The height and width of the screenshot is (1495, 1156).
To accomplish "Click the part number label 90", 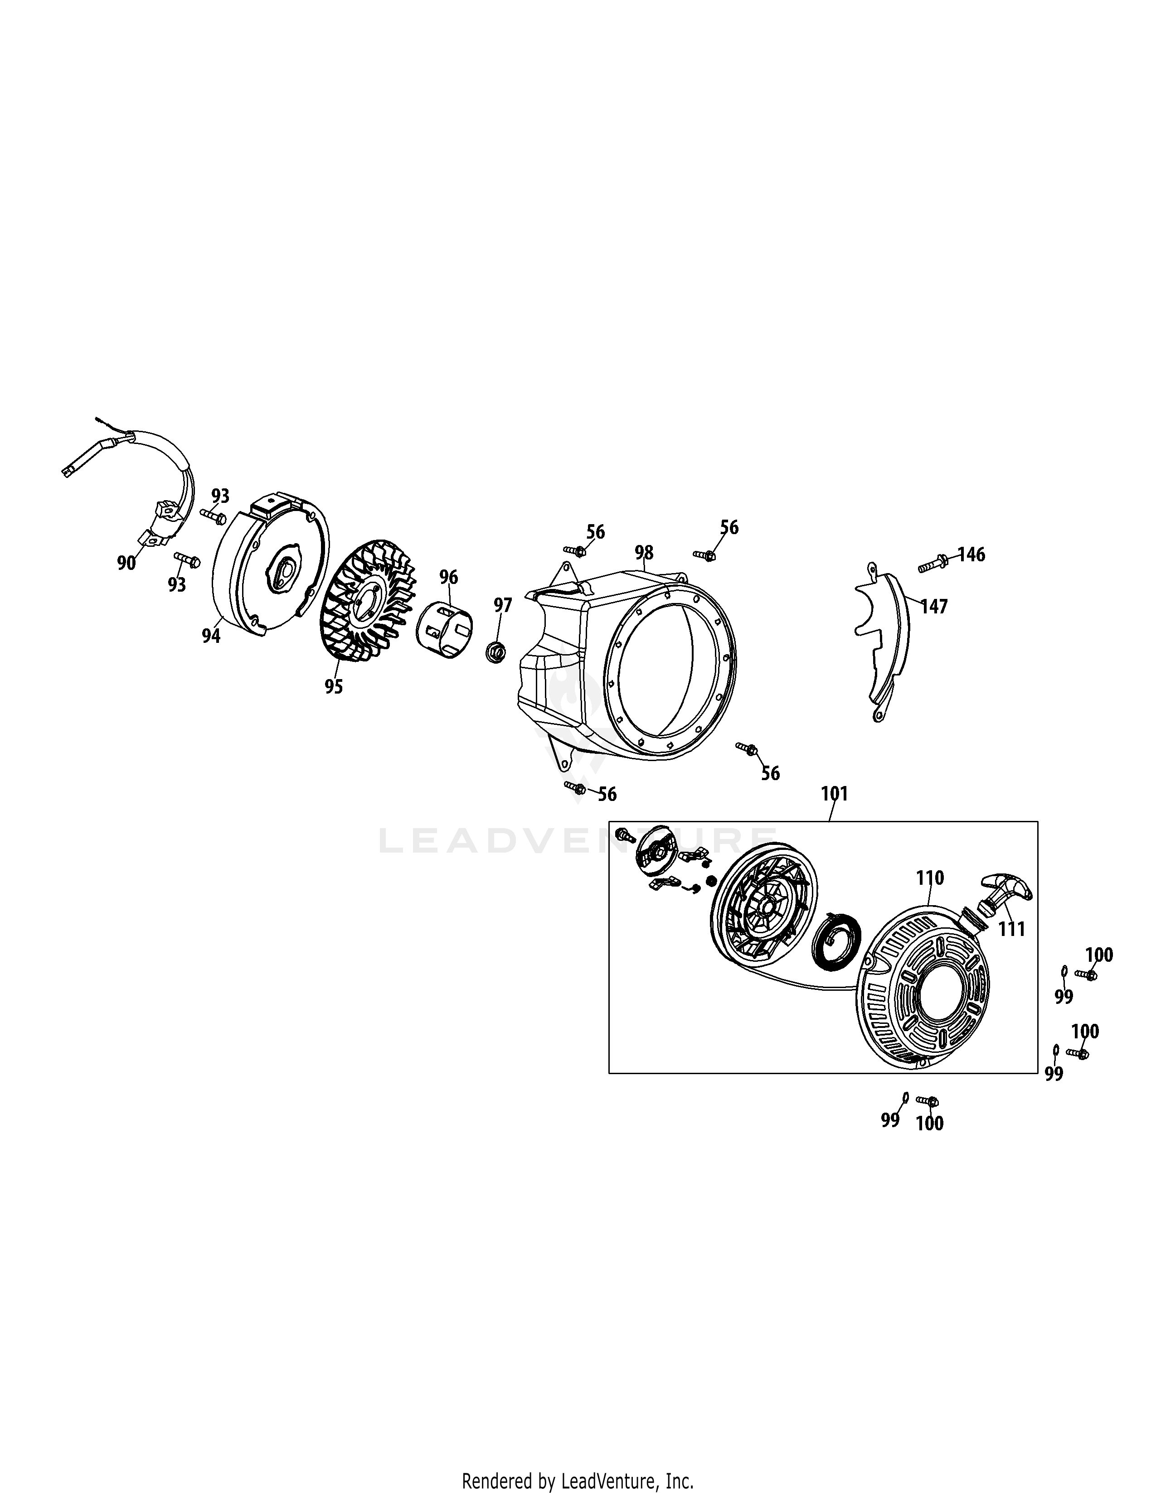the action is pyautogui.click(x=126, y=564).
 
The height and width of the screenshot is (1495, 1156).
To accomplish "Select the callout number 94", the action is pyautogui.click(x=211, y=636).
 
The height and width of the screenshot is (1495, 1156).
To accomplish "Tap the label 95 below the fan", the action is pyautogui.click(x=334, y=687).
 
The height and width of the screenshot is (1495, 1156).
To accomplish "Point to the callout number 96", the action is pyautogui.click(x=448, y=577).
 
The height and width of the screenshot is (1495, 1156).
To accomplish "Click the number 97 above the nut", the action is pyautogui.click(x=503, y=605).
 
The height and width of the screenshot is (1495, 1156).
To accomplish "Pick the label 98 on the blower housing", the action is pyautogui.click(x=644, y=552).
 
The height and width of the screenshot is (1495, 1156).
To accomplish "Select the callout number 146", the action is pyautogui.click(x=971, y=555).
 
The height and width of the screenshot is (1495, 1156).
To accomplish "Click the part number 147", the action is pyautogui.click(x=934, y=607).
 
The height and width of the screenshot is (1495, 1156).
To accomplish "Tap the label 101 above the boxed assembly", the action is pyautogui.click(x=834, y=794).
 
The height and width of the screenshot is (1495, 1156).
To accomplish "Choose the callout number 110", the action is pyautogui.click(x=930, y=878).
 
